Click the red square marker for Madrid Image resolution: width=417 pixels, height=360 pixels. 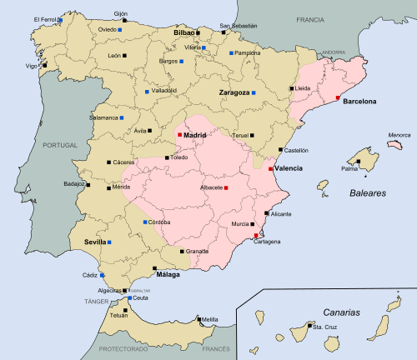(x=179, y=135)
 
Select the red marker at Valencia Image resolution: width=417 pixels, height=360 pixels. (x=271, y=168)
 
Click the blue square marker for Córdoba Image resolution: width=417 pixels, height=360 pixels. (x=145, y=222)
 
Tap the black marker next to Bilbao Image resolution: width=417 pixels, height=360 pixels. (x=198, y=32)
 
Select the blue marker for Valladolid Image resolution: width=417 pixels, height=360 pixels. (x=147, y=92)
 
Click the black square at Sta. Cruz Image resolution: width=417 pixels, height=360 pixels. (x=307, y=327)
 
